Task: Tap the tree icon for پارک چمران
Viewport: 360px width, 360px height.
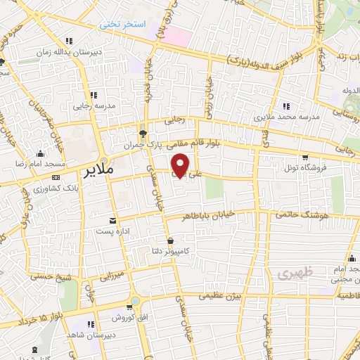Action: (143, 134)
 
